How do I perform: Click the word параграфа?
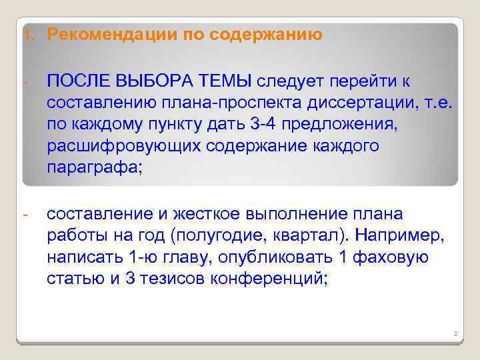[x=93, y=167]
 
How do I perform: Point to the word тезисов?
[x=172, y=278]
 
